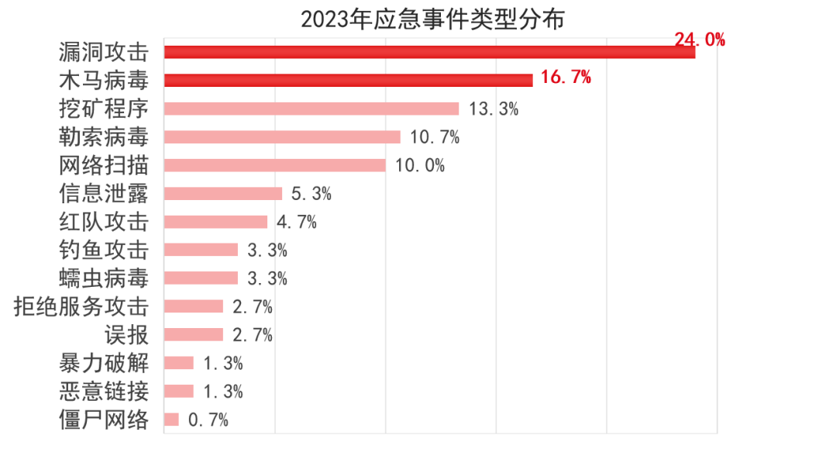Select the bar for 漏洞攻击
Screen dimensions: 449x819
point(430,52)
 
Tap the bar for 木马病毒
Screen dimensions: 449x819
point(349,80)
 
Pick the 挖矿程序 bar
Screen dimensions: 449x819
point(311,109)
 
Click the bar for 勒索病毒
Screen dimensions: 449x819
point(282,136)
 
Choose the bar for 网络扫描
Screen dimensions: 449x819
point(275,165)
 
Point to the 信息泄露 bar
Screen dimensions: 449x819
point(223,193)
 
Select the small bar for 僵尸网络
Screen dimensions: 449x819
point(171,420)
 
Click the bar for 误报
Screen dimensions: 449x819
point(194,335)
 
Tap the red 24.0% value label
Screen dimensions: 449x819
point(699,40)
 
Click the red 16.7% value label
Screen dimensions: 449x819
point(566,77)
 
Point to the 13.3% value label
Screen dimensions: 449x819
point(493,109)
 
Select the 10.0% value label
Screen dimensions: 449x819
point(420,165)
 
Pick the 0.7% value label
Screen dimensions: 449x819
point(208,420)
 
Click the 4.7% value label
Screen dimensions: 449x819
point(296,222)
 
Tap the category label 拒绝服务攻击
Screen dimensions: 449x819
point(81,306)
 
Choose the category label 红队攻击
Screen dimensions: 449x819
point(103,222)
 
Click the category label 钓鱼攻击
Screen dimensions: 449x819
point(103,250)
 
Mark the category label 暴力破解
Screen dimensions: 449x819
point(103,363)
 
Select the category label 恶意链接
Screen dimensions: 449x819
point(103,391)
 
